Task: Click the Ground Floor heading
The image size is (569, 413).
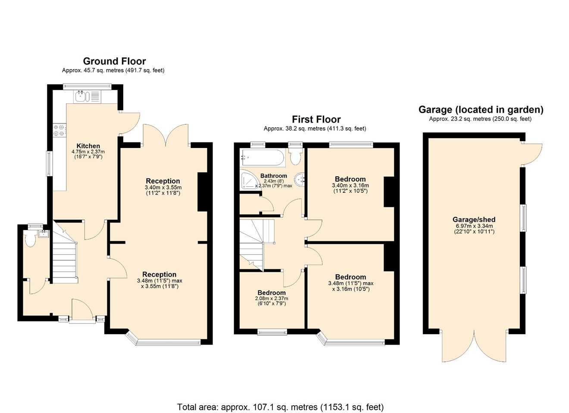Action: click(114, 62)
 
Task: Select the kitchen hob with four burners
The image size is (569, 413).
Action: click(59, 130)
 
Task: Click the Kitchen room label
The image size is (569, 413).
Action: click(88, 146)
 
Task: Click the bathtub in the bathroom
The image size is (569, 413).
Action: click(263, 158)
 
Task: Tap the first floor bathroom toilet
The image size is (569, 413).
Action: click(296, 155)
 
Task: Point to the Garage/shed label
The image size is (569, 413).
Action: click(474, 219)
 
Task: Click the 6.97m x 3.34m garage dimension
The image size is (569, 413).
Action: click(474, 226)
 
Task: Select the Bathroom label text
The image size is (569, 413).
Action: click(274, 176)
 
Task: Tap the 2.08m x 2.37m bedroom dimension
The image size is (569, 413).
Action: click(272, 299)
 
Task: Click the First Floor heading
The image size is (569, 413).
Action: click(316, 120)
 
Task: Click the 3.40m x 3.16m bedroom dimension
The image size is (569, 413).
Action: click(350, 185)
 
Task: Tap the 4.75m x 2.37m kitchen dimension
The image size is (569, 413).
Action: click(88, 151)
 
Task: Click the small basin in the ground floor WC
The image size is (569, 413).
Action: click(44, 234)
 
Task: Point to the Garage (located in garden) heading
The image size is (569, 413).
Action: click(481, 110)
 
